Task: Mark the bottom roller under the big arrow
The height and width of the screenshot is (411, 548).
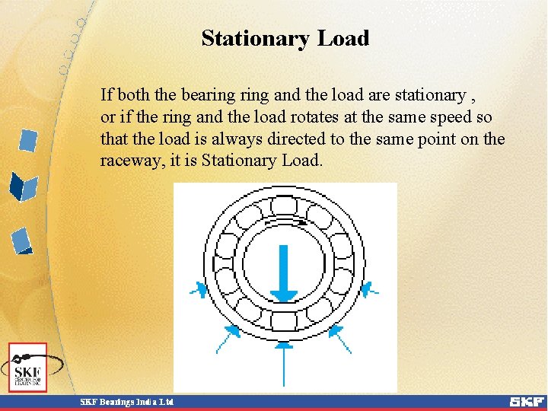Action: (x=284, y=320)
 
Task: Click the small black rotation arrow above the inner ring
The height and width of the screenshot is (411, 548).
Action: (x=302, y=224)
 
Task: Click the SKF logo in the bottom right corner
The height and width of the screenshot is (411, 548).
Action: (x=526, y=401)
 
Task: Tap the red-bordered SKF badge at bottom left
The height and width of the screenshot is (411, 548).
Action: (x=28, y=368)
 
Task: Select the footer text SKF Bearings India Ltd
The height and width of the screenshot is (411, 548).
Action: (x=127, y=401)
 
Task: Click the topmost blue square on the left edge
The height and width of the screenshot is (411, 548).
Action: (x=28, y=141)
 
